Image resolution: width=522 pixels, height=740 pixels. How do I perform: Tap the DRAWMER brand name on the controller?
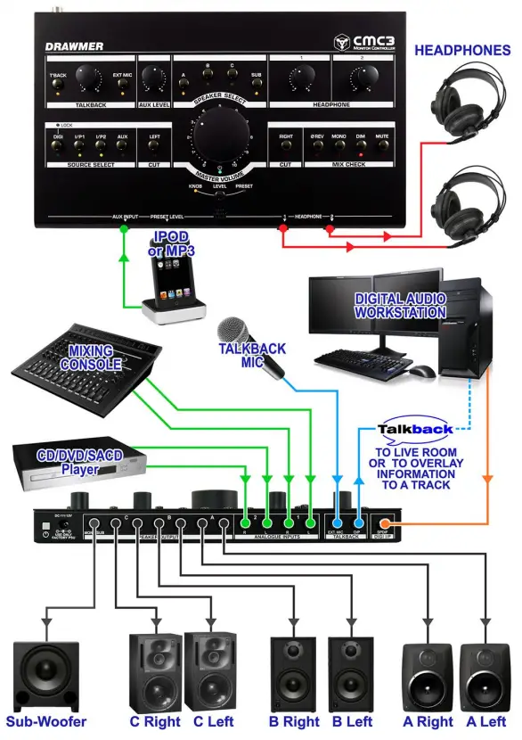(x=74, y=46)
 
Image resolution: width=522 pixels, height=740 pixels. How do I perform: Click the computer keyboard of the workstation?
(x=360, y=360)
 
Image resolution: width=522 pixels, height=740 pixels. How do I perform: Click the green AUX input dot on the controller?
(x=123, y=229)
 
